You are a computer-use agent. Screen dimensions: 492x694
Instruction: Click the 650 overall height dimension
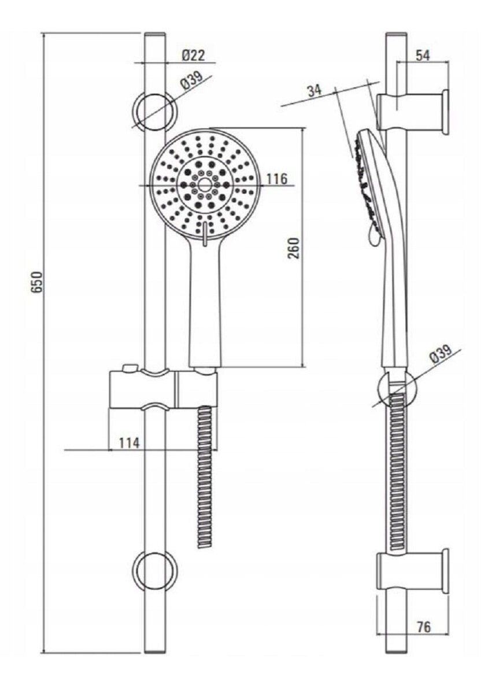click(x=37, y=282)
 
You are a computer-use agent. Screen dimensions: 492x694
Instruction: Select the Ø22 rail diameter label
click(x=194, y=56)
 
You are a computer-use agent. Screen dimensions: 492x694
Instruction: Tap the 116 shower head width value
click(x=277, y=179)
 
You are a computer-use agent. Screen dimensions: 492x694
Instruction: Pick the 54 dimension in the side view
click(x=423, y=56)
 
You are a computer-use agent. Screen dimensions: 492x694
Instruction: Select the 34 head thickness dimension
click(x=315, y=90)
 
